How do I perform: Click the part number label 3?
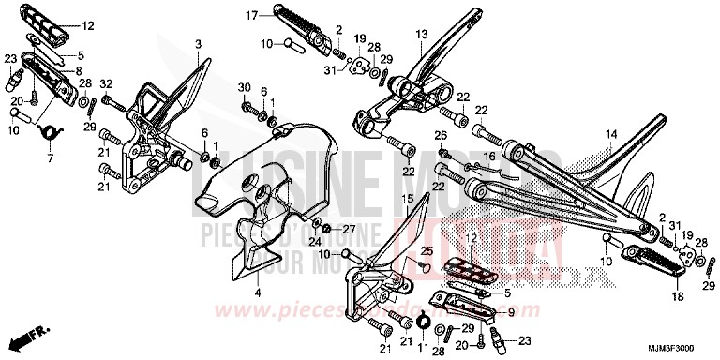(198, 45)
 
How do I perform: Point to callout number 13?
(421, 35)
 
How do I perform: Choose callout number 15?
(407, 200)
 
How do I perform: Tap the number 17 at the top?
(251, 16)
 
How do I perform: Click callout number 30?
(244, 87)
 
